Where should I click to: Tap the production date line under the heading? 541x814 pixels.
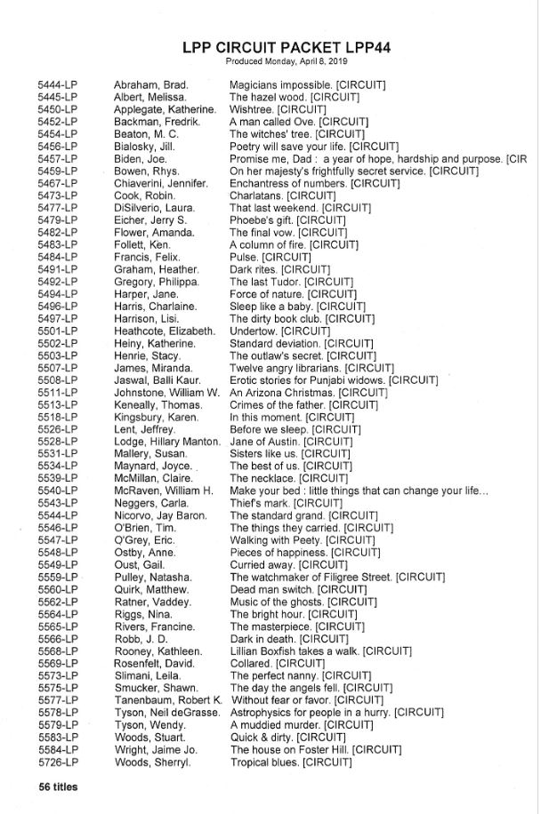(x=287, y=62)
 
